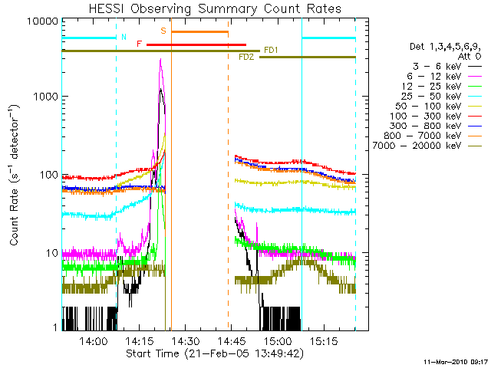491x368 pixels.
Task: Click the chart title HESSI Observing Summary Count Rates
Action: click(x=215, y=8)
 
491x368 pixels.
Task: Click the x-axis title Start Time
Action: click(x=216, y=353)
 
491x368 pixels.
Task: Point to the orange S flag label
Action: click(x=163, y=31)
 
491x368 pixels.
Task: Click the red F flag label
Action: click(x=139, y=44)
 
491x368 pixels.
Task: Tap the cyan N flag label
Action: click(x=124, y=37)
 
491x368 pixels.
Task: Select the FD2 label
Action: click(x=246, y=58)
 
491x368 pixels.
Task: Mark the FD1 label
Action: click(x=271, y=51)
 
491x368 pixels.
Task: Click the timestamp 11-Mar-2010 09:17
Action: click(x=456, y=361)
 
